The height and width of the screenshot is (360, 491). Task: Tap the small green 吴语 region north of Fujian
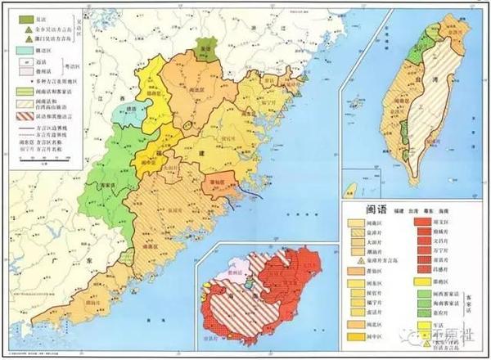[x=205, y=50]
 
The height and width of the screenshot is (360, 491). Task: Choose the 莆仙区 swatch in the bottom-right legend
[x=356, y=272]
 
